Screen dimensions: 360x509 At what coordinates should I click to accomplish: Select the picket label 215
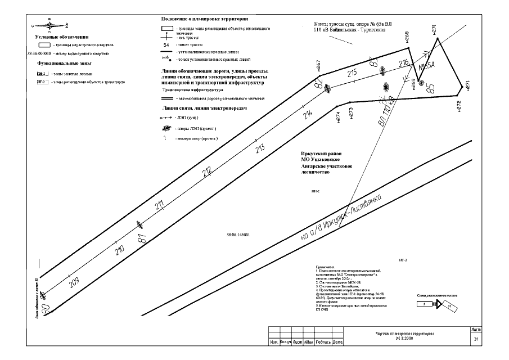pos(353,73)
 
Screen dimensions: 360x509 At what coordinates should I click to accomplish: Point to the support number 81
pos(141,239)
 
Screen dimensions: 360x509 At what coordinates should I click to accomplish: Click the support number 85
pos(431,88)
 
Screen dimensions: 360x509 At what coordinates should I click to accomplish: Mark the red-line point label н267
pos(318,67)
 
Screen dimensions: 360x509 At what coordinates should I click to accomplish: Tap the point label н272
pos(458,106)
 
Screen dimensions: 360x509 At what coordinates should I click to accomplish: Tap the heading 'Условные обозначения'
pos(58,37)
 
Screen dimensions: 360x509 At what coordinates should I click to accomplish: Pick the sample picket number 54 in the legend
pos(166,44)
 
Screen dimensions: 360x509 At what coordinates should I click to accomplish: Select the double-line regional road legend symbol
pos(166,98)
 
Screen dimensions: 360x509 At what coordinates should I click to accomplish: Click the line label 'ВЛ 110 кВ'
pos(388,111)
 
